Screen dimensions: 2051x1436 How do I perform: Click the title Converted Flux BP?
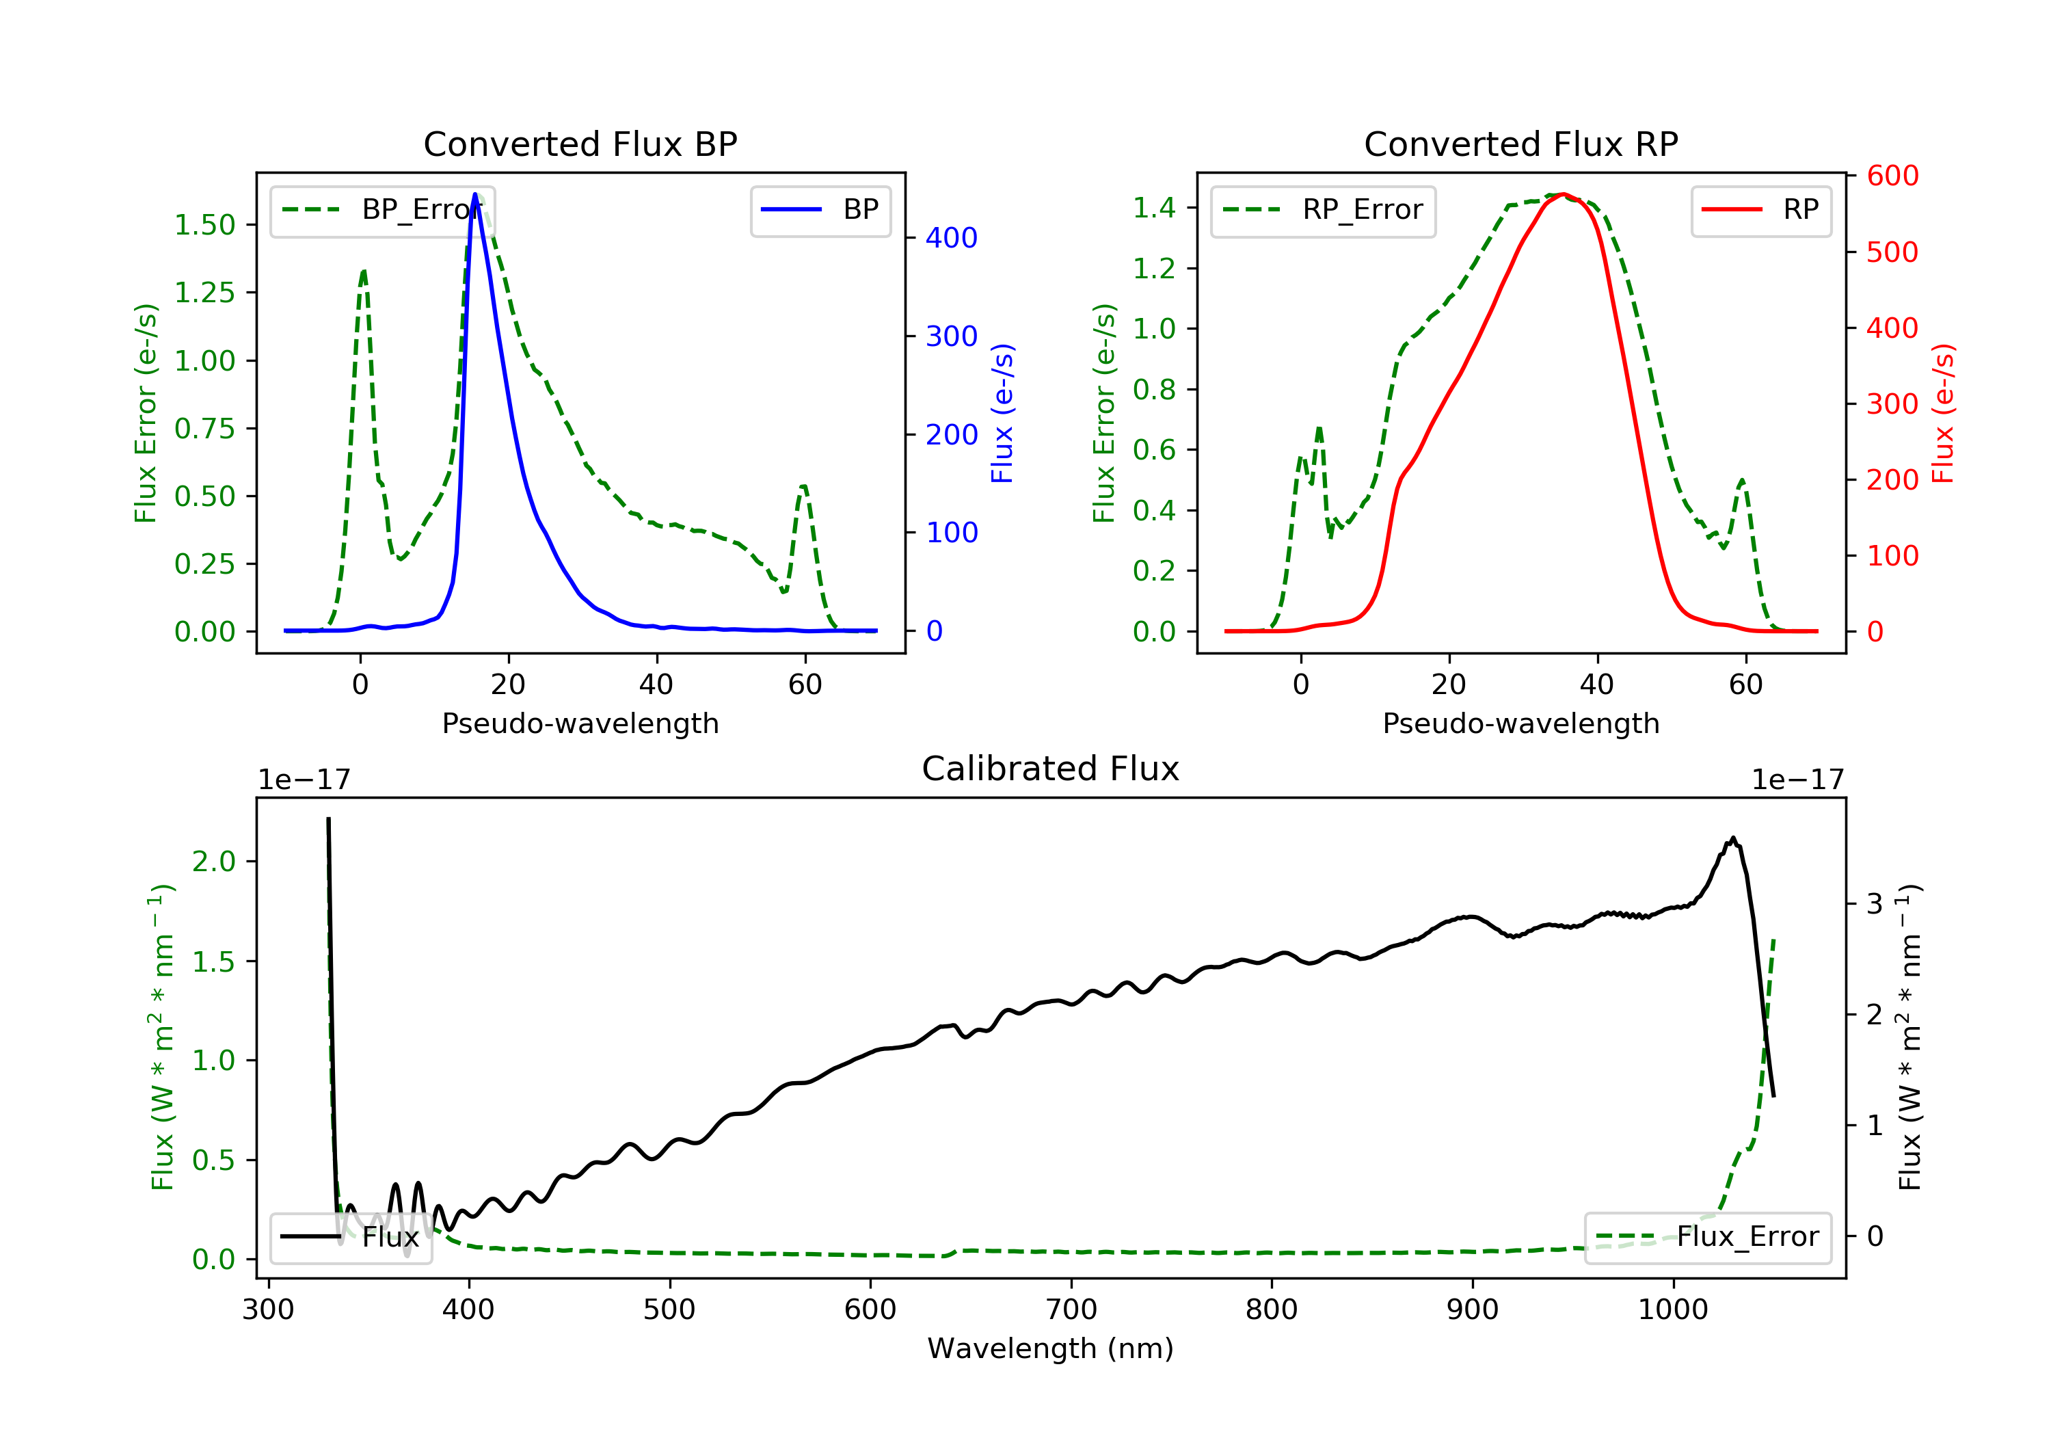coord(580,144)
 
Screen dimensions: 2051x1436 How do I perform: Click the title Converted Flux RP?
coord(1521,144)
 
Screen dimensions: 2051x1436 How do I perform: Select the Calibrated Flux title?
coord(1051,769)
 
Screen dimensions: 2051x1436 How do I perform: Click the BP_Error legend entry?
coord(382,210)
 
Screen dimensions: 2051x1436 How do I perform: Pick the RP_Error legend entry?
coord(1323,210)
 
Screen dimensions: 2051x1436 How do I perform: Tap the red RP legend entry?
coord(1760,210)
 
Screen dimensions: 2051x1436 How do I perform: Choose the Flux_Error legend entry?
coord(1707,1237)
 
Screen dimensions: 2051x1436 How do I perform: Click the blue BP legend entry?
coord(820,210)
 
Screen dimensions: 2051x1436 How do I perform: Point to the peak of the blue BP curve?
coord(475,194)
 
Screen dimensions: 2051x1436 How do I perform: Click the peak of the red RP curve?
coord(1562,194)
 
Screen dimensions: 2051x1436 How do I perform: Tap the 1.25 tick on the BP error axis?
coord(204,293)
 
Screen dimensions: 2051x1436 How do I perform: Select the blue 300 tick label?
coord(952,336)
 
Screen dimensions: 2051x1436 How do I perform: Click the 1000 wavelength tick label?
coord(1673,1310)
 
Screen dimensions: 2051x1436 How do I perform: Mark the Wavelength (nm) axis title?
coord(1051,1348)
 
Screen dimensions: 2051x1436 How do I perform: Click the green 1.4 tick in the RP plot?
coord(1154,208)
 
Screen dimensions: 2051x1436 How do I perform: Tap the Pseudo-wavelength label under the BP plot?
coord(580,723)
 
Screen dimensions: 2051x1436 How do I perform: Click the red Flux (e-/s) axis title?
coord(1943,414)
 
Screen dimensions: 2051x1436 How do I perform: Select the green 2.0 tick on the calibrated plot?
coord(213,862)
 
